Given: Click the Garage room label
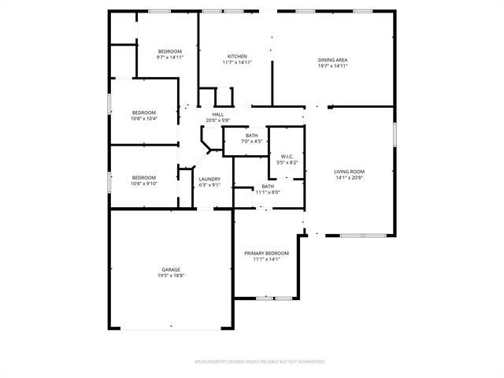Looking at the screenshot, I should pos(171,269).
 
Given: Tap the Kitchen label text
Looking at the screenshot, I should pos(238,57).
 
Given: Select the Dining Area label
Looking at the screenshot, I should pos(333,60).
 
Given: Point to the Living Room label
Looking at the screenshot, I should pos(350,172).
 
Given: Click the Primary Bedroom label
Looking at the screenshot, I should pos(266,253).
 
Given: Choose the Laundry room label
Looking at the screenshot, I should pos(209,179).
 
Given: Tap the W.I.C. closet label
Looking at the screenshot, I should pos(287,156).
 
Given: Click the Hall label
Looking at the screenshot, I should pos(217,114).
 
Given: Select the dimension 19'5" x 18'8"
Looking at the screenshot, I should pos(171,276).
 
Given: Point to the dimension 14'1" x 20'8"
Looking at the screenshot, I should pos(350,178).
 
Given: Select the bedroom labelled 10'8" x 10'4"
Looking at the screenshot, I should pos(143,115).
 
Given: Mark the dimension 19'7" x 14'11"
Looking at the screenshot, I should pos(333,66).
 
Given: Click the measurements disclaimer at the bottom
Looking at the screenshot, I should pos(260,361).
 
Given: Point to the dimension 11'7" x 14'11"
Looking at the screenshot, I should pos(238,62).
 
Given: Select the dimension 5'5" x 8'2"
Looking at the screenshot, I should pos(287,162).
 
